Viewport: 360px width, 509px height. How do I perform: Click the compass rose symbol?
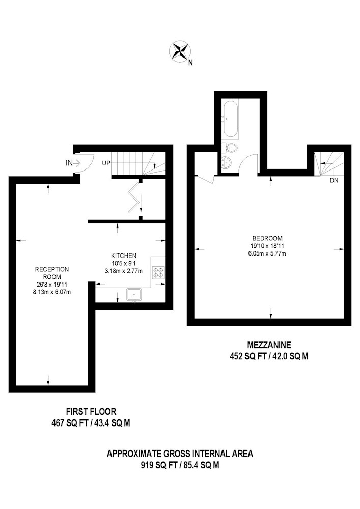click(180, 51)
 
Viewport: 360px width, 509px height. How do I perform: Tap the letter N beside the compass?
click(190, 63)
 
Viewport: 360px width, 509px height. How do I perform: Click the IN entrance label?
click(69, 163)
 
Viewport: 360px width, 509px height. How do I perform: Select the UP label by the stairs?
click(106, 163)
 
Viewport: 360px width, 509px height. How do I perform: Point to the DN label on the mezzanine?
click(334, 181)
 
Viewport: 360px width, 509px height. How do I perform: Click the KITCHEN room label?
click(124, 256)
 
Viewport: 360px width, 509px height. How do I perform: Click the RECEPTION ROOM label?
click(52, 273)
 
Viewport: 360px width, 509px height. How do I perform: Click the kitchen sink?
click(134, 294)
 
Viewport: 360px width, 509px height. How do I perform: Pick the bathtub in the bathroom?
click(231, 119)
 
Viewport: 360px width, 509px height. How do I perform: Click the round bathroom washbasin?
click(227, 161)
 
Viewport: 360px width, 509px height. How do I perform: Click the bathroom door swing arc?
click(250, 158)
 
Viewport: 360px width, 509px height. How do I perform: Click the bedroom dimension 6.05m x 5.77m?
click(267, 253)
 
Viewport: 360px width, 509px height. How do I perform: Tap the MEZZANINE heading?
click(269, 344)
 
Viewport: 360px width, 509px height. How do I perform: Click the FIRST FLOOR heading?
click(91, 412)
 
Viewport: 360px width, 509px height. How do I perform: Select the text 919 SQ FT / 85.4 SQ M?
click(180, 465)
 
